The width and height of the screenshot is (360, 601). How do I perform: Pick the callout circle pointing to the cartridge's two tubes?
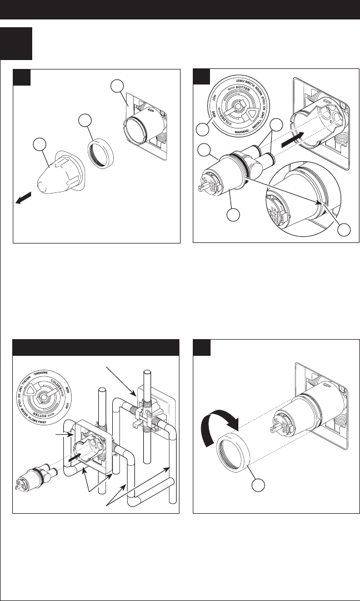pyautogui.click(x=274, y=125)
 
